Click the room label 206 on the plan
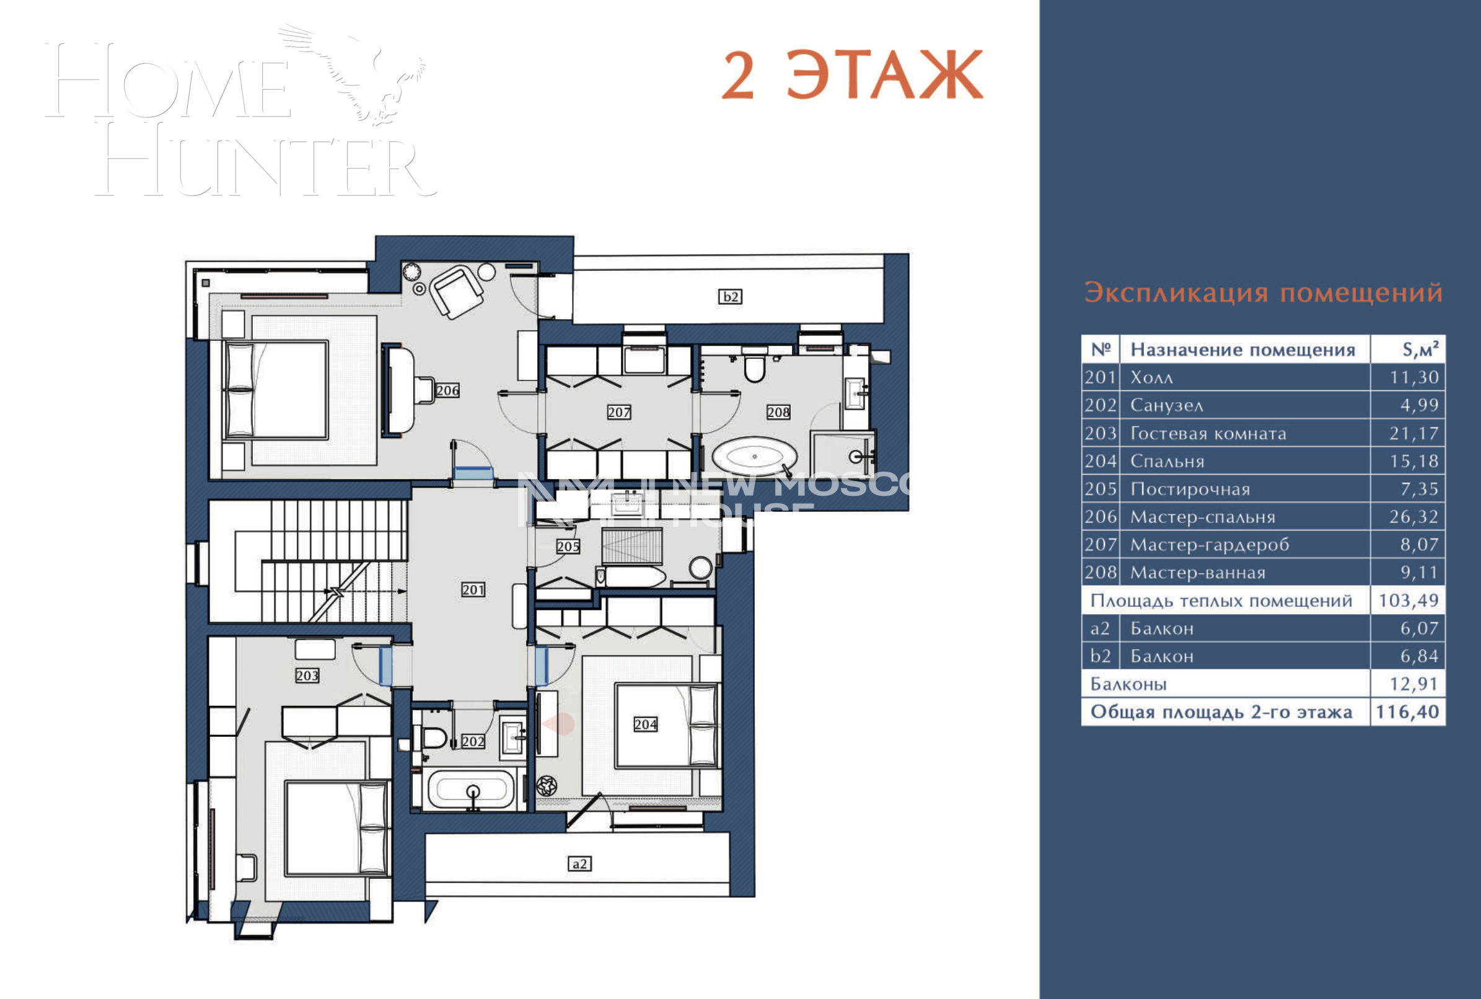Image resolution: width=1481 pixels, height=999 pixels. pos(447,390)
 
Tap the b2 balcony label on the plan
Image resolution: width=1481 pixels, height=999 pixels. pos(730,297)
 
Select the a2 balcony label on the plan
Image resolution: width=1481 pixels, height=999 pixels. pos(579,864)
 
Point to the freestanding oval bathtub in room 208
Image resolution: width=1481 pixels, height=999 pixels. pos(754,457)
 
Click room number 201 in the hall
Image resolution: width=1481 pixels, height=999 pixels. pos(473,590)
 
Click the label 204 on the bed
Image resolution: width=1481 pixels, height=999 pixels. pos(645,724)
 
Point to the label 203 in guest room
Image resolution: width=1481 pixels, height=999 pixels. pos(307,676)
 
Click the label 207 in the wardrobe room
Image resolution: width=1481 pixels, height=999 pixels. pos(618,412)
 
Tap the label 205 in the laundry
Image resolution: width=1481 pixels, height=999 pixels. pos(568,547)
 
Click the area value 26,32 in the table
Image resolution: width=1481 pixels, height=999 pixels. pos(1413,517)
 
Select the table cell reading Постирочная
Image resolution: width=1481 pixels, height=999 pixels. pos(1190,490)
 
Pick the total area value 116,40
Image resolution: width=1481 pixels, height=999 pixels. pos(1407,711)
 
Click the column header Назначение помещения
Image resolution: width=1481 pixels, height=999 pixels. pos(1242,350)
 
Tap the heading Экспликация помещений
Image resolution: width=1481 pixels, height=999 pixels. pos(1263,293)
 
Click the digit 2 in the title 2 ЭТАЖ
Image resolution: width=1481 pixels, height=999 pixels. pos(738,76)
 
